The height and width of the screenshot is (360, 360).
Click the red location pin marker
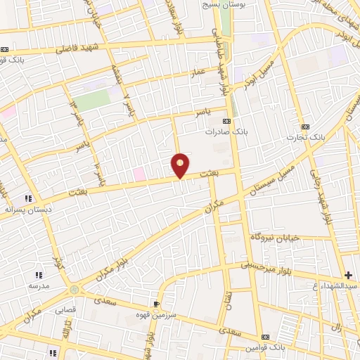(180, 165)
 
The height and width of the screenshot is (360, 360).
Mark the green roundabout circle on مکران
(74, 290)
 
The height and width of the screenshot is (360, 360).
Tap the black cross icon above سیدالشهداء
(348, 274)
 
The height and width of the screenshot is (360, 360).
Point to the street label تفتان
(226, 304)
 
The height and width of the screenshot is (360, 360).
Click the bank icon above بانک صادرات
(226, 121)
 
